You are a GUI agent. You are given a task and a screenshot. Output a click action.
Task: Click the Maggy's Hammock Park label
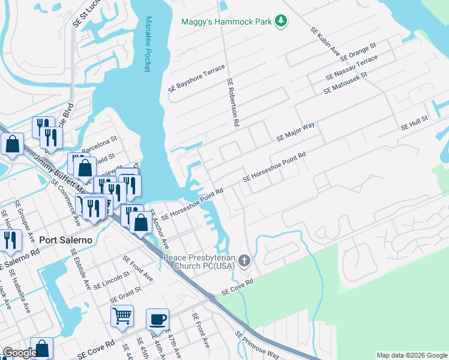tap(227, 22)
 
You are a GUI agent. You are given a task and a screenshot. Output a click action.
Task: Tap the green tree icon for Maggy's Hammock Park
tap(280, 22)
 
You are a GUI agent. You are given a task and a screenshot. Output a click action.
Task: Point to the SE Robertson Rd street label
tap(233, 102)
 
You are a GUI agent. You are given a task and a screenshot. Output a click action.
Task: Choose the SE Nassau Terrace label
tap(352, 68)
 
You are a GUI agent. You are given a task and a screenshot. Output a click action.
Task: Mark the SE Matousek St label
tap(345, 83)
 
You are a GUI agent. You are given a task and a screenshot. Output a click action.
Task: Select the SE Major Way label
tap(295, 131)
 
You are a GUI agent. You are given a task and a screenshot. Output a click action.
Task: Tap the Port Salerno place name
tap(65, 239)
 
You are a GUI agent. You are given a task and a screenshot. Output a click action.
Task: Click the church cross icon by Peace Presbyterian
tap(244, 260)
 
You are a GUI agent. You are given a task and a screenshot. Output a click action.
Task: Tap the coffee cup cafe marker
tap(157, 319)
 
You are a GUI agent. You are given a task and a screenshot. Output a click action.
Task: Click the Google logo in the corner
tap(20, 353)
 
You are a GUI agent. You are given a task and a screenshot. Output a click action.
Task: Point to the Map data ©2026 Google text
tap(411, 355)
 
